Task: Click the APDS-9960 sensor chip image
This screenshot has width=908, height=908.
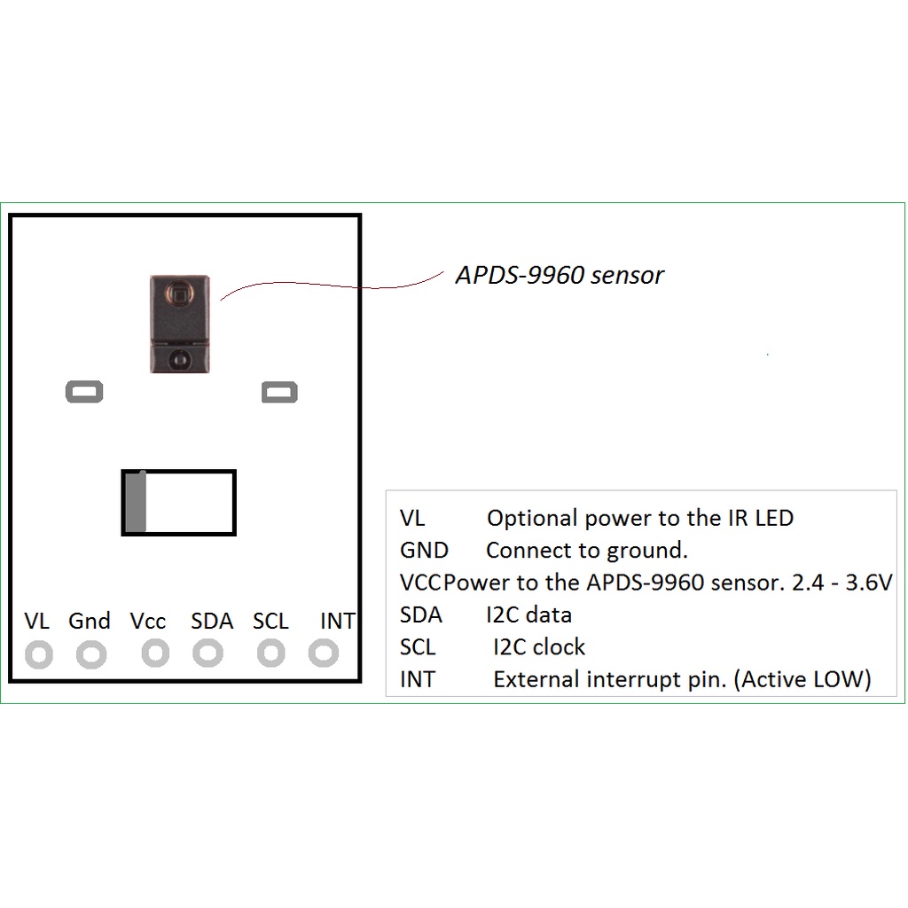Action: coord(180,324)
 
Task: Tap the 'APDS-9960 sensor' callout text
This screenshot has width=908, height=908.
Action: coord(560,275)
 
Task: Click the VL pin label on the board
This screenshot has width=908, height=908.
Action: coord(37,622)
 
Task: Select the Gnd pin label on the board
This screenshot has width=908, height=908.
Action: coord(90,622)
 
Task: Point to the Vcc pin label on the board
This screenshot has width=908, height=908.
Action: coord(148,622)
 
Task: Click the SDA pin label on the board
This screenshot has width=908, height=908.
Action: coord(212,622)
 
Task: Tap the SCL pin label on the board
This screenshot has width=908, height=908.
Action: coord(270,622)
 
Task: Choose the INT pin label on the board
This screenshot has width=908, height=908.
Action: coord(337,622)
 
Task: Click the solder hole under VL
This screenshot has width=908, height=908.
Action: coord(38,655)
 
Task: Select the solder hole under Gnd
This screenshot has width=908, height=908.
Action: coord(91,655)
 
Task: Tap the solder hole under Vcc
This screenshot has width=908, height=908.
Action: coord(155,654)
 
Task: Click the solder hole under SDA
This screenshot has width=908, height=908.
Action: coord(208,654)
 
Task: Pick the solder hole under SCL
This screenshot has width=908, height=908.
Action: coord(270,654)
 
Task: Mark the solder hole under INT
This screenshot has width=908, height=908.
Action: coord(324,654)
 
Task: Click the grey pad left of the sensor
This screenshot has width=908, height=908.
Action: coord(85,391)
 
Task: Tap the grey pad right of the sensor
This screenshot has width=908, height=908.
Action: coord(279,391)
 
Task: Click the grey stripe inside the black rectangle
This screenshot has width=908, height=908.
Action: coord(135,503)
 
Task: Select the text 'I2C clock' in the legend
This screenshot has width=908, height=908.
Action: coord(539,647)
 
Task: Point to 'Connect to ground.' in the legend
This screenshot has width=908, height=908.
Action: coord(587,551)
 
